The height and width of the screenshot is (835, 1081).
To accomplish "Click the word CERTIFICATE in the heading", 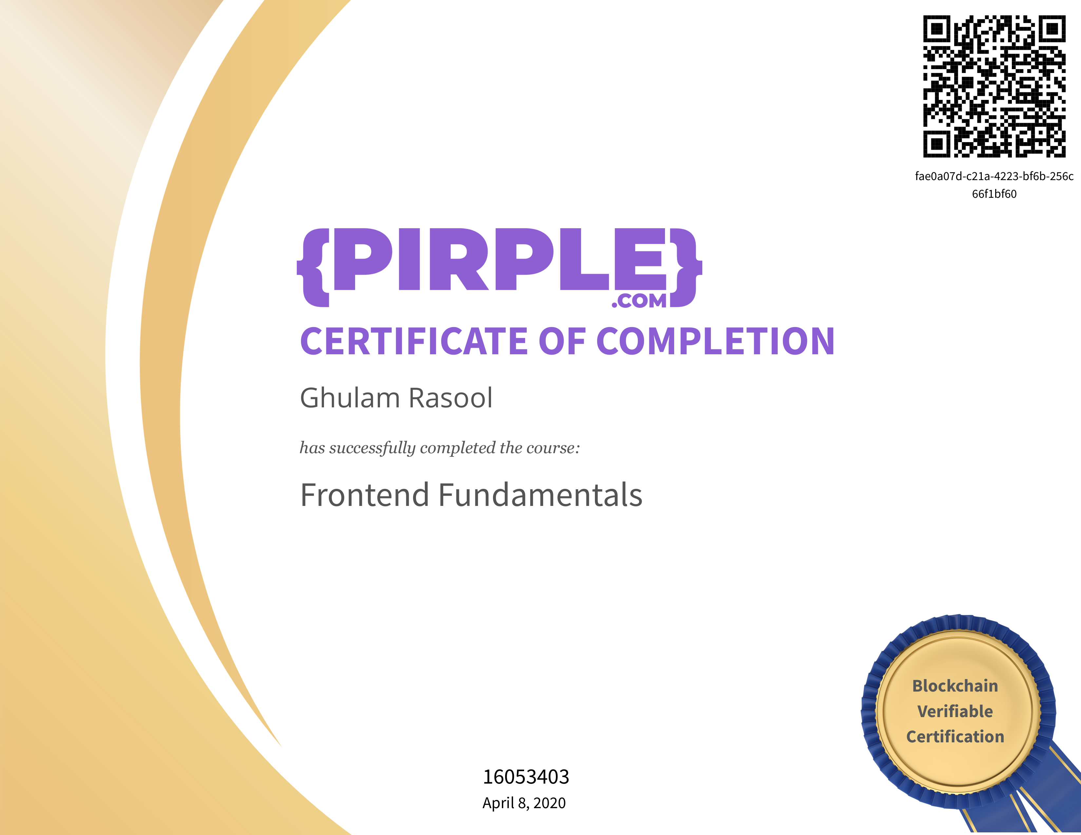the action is point(414,341).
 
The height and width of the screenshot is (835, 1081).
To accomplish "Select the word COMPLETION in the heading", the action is point(716,341).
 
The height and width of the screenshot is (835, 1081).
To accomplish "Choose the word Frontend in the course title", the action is point(364,495).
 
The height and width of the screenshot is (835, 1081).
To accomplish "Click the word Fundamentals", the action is point(540,495).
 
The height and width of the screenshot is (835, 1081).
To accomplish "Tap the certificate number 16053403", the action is point(526,777).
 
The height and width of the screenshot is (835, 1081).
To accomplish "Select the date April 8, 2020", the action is point(524,803).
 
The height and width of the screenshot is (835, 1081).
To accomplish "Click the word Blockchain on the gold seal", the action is point(955,686).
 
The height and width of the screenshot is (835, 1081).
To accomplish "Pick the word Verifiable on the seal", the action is point(955,711).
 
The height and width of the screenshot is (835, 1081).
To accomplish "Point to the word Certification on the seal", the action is point(955,736).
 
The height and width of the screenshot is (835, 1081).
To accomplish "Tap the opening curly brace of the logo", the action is point(313,268).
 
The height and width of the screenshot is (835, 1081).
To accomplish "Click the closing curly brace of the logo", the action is point(686,268).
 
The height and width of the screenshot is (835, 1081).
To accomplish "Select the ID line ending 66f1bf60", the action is point(995,194).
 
